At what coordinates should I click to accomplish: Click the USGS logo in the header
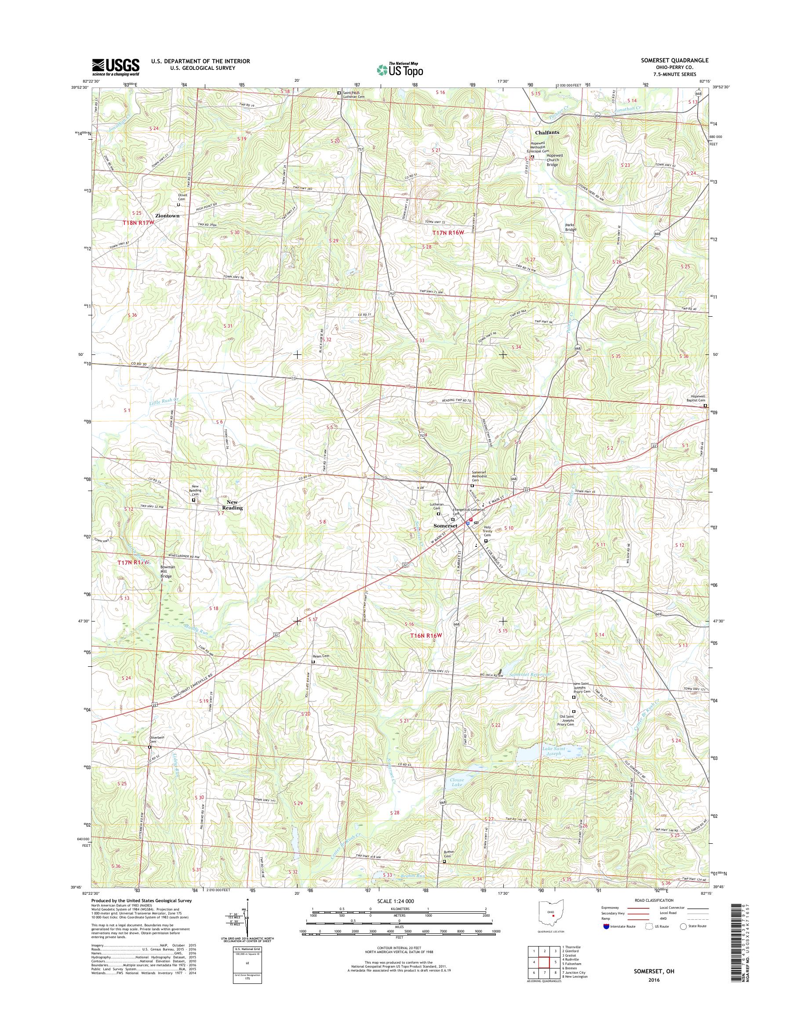tap(116, 67)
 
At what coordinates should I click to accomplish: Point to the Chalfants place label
tap(547, 133)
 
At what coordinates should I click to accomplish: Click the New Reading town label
tap(233, 505)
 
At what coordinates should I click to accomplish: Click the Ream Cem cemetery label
tap(321, 656)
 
